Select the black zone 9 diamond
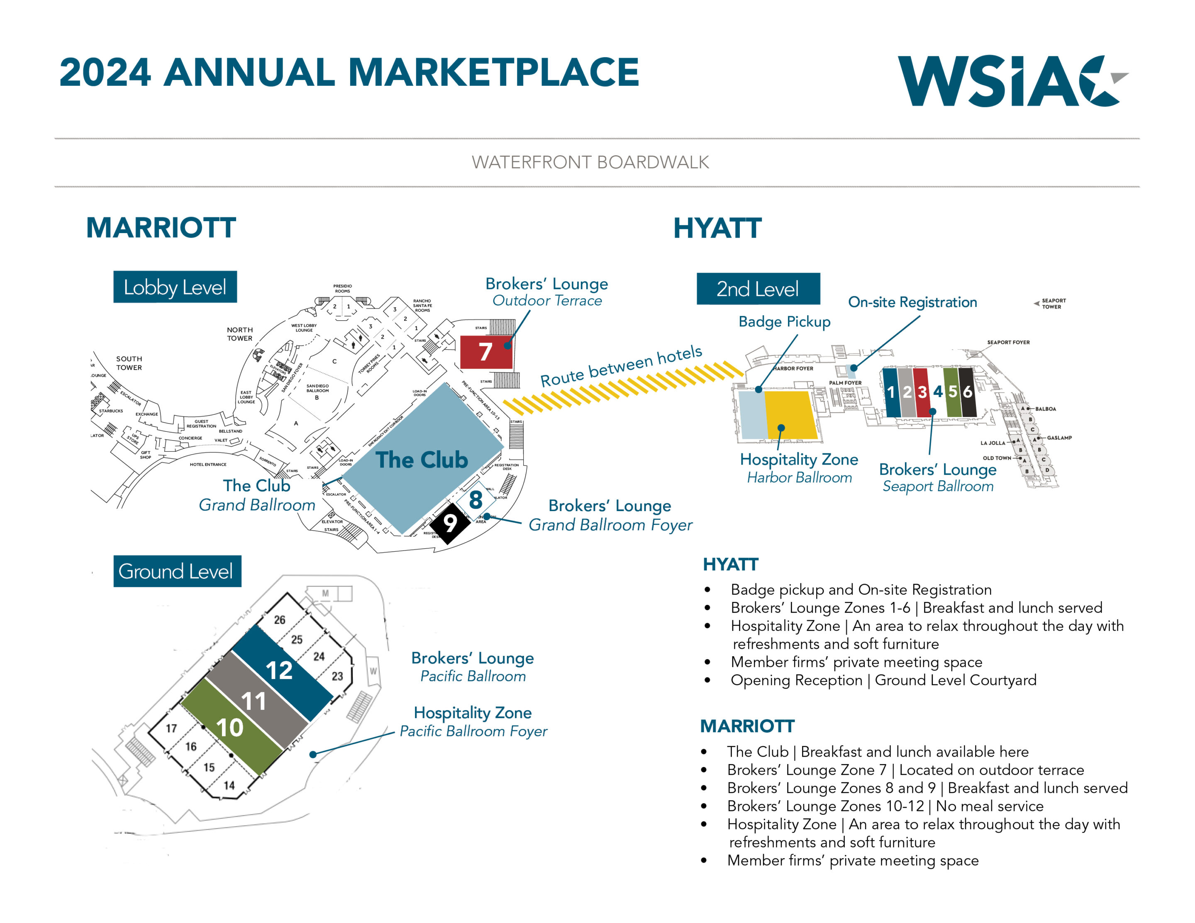coord(450,524)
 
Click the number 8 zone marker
coord(476,499)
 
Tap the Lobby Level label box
coord(175,287)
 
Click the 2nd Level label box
coord(758,289)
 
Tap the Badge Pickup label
coord(784,322)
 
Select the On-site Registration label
coord(912,302)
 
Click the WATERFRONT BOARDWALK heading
coord(590,163)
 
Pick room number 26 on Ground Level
coord(280,620)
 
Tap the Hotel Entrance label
coord(208,465)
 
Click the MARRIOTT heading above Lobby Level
coord(161,228)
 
